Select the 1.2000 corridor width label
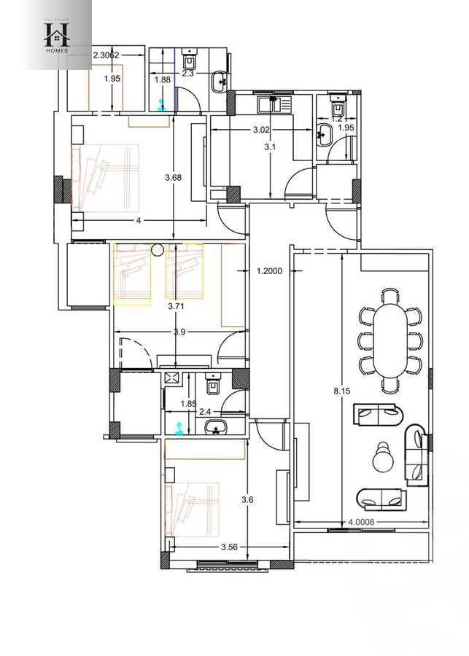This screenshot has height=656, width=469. [x=270, y=271]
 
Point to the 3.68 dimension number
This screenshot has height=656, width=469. [x=174, y=178]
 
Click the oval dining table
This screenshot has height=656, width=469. [x=389, y=340]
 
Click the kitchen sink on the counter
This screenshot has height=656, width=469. [x=276, y=104]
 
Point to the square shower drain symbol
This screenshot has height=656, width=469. [x=172, y=378]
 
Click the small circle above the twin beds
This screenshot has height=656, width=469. [x=157, y=251]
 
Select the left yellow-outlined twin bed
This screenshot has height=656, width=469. [x=132, y=273]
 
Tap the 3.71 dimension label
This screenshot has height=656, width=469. [x=175, y=307]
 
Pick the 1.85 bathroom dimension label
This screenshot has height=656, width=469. [x=189, y=403]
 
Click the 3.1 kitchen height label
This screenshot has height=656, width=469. [x=271, y=146]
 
